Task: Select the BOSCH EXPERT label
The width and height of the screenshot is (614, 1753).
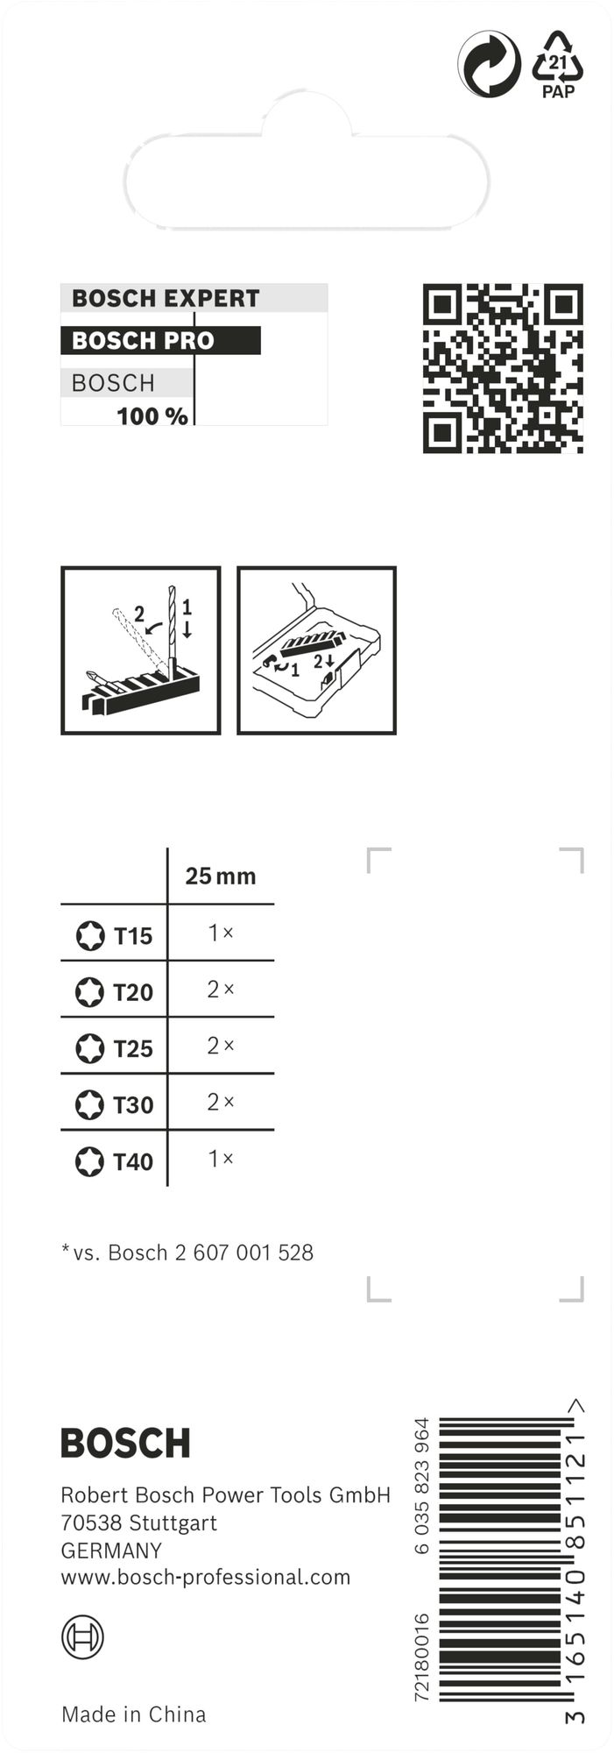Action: [166, 298]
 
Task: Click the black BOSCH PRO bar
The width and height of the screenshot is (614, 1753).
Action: [160, 340]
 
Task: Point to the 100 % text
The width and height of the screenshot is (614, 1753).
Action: [152, 416]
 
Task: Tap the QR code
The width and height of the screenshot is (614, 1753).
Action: [503, 368]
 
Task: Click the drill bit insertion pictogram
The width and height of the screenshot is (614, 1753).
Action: [141, 650]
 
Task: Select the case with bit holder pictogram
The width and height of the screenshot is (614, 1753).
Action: [317, 650]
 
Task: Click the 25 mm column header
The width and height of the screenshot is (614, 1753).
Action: [221, 876]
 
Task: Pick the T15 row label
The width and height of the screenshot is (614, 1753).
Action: [133, 936]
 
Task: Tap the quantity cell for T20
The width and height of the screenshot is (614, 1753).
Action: [221, 990]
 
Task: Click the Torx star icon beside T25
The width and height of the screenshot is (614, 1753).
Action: [89, 1048]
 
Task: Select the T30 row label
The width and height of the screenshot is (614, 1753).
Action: [133, 1105]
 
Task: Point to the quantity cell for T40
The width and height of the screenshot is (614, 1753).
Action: [221, 1159]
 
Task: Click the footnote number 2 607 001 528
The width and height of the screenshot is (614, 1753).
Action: [244, 1253]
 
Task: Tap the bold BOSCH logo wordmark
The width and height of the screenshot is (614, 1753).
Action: [125, 1443]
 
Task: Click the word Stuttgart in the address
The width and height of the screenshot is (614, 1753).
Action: [173, 1523]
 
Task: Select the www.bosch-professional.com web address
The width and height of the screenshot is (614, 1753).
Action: [206, 1577]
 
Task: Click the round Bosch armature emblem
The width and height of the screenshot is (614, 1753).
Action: [82, 1637]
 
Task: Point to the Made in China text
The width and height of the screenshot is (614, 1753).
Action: [134, 1714]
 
